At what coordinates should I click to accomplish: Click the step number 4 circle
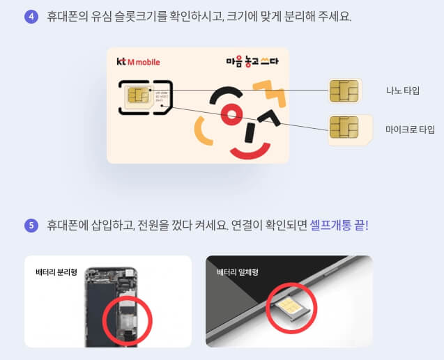tap(31, 16)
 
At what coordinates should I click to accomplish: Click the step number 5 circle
tap(31, 225)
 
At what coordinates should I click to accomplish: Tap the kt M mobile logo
tap(138, 62)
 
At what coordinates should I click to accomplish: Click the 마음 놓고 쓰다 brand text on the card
tap(252, 61)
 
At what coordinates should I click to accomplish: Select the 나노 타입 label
tap(403, 91)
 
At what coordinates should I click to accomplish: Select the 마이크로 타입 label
tap(410, 130)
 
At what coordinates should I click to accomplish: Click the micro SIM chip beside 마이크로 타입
tap(344, 129)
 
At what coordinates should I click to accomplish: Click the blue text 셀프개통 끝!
tap(338, 226)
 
